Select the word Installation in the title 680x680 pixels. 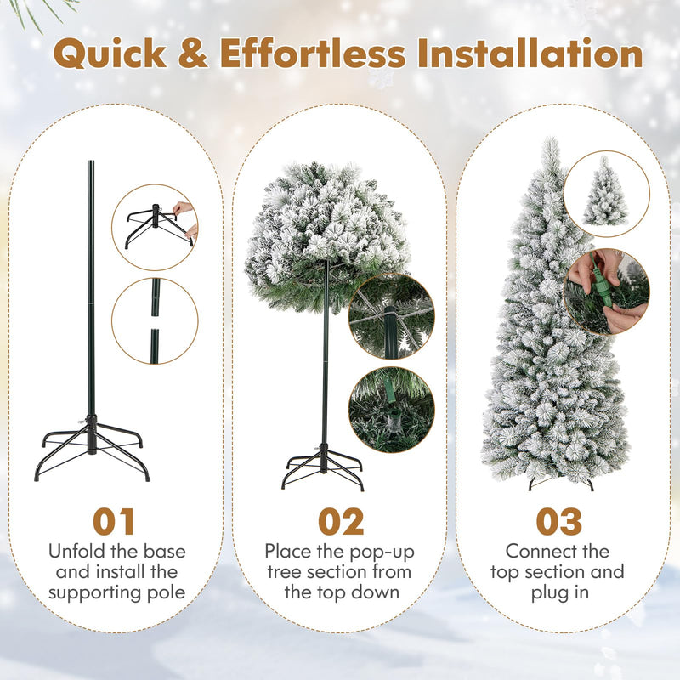(x=531, y=54)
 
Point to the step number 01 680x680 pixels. (x=114, y=522)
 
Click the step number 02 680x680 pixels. (x=341, y=522)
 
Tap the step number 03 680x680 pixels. (x=558, y=522)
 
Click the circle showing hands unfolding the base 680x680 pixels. (x=155, y=228)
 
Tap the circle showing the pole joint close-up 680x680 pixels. (x=155, y=321)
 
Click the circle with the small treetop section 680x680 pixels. (x=606, y=193)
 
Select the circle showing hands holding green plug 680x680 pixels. (x=606, y=292)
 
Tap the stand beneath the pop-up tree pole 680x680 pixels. (x=323, y=467)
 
